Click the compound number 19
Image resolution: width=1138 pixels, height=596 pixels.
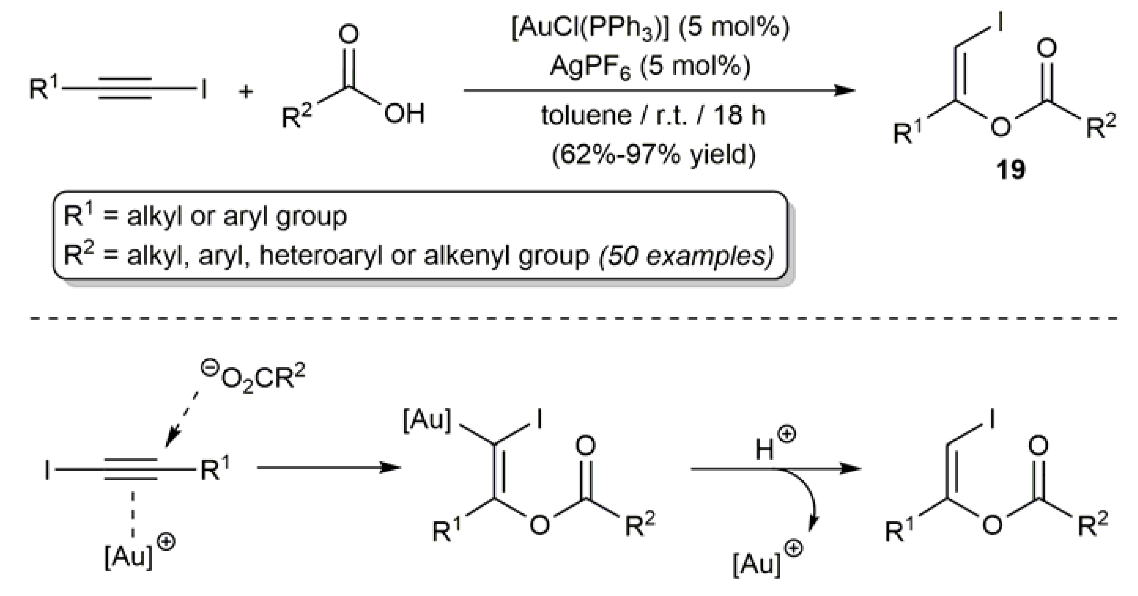tap(1010, 170)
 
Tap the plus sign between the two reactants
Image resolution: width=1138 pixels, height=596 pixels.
tap(246, 92)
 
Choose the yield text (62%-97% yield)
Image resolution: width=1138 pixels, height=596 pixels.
tap(653, 155)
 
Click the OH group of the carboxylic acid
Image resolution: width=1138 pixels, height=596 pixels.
tap(404, 114)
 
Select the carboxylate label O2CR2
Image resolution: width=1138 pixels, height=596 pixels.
tap(261, 379)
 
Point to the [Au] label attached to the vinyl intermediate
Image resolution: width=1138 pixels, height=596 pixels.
tap(427, 420)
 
